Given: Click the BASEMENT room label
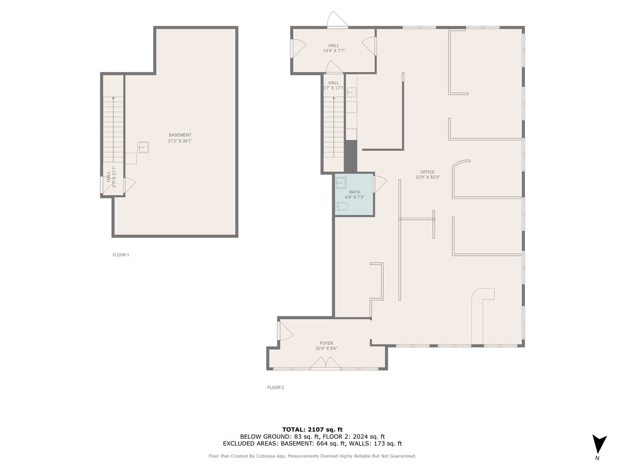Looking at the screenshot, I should [180, 135].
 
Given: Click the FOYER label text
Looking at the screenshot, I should [327, 343].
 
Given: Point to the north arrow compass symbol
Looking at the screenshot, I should [599, 445].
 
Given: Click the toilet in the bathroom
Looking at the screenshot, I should [342, 206].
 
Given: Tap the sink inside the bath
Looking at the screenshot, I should [341, 182].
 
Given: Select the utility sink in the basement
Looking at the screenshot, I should [144, 147].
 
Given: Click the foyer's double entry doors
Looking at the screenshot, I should [327, 363].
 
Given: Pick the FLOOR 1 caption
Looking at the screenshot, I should [120, 255].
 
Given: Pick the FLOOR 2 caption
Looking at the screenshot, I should [276, 387].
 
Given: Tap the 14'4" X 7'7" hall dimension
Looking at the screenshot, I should [333, 51].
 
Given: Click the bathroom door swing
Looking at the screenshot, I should [380, 183].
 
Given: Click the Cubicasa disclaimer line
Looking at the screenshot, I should [312, 456].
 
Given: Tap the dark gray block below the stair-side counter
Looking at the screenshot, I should [351, 156].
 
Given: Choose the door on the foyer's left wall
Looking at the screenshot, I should [285, 331].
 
